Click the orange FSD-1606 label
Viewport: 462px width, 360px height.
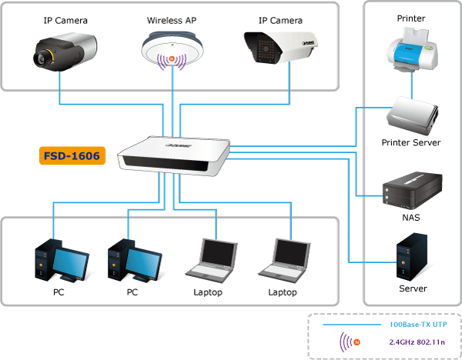coord(72,155)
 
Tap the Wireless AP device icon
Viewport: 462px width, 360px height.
coord(172,51)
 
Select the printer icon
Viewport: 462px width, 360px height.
coord(412,50)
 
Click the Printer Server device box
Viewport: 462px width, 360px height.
coord(412,115)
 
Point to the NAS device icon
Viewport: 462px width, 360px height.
coord(412,191)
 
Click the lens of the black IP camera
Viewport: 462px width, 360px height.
coord(40,58)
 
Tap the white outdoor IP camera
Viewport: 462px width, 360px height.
coord(281,47)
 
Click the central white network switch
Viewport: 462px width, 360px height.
coord(174,156)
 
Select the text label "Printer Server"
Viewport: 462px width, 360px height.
coord(411,143)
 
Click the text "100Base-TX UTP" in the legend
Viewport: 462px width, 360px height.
coord(418,325)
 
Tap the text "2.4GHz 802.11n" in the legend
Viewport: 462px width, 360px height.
coord(417,342)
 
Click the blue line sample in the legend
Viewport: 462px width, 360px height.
coord(352,325)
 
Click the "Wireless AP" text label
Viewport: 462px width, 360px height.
coord(172,20)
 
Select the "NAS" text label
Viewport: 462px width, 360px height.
coord(411,218)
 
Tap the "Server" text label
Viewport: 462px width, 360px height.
coord(413,288)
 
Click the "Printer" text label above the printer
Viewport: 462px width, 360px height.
coord(411,18)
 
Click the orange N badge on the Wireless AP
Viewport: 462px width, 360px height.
coord(172,59)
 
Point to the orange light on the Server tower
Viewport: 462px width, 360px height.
coord(403,262)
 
